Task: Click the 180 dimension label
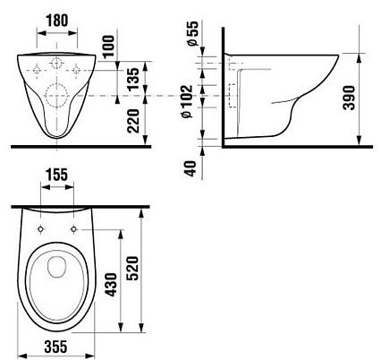click(57, 21)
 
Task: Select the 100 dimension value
click(108, 47)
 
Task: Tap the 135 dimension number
click(133, 79)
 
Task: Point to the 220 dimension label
click(133, 121)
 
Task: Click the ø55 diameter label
click(192, 33)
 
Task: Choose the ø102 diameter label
click(188, 101)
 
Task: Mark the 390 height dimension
click(349, 98)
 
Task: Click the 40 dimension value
click(191, 168)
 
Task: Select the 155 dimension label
click(57, 175)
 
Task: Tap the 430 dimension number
click(112, 285)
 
